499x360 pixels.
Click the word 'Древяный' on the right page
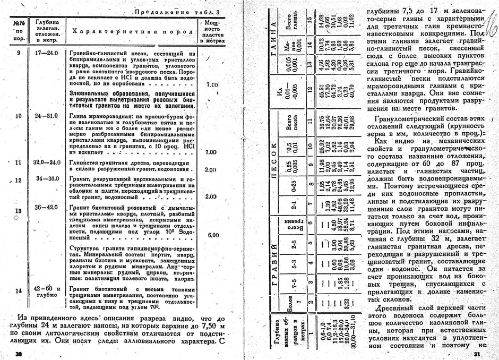[394, 309]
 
